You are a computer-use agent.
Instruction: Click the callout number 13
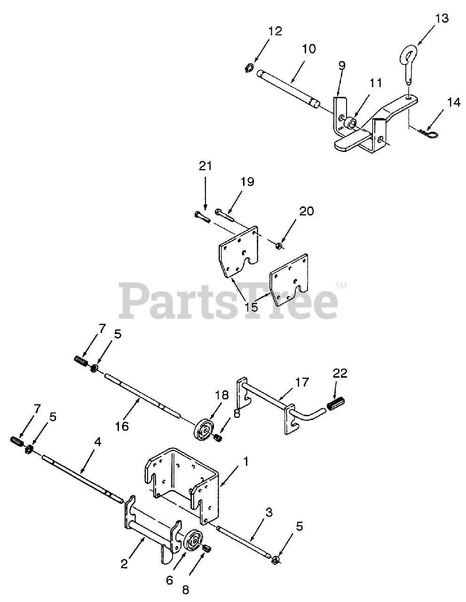pos(442,19)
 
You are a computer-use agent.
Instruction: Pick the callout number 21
pos(205,166)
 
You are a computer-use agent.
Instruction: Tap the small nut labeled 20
pos(279,244)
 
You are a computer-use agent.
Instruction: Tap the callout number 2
pos(124,563)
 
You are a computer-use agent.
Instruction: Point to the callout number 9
pos(342,65)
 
